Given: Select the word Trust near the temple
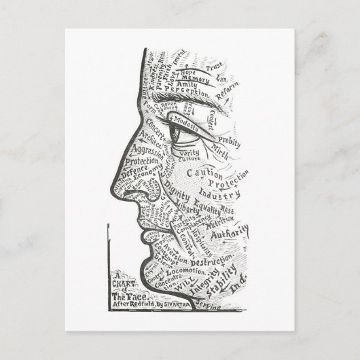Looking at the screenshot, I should pos(214,68).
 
